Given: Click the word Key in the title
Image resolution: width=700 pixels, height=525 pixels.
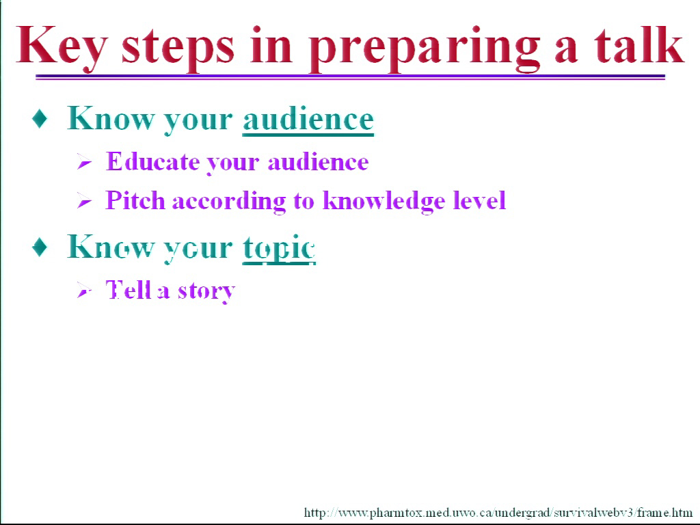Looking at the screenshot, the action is pos(62,47).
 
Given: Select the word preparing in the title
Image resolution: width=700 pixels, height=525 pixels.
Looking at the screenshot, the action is pos(424,49).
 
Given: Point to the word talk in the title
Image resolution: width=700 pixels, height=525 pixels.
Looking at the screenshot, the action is pos(638,44).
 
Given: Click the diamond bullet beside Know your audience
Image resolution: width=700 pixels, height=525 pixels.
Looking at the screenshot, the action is pos(40,118).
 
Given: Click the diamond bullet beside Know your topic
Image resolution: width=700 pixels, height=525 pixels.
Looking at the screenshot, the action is pos(40,247).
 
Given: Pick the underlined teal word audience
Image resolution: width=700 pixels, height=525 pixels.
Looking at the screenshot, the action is pos(308,120).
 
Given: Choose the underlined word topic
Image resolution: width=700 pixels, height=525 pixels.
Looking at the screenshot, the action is pos(279,248).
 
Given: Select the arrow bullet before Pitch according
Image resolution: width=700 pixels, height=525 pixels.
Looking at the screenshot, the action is pos(84,200).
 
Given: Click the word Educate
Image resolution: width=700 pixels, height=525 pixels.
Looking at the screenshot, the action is pos(152,161).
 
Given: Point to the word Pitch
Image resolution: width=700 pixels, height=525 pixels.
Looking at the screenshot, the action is pos(135,200).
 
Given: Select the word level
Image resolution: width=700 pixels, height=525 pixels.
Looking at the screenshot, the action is pos(479,200).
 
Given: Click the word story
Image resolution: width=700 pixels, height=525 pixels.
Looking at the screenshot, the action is pos(206,292).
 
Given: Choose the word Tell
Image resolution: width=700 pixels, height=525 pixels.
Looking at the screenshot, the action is pos(128,289).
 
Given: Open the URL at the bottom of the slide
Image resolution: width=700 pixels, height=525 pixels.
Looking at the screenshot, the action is pos(498,513).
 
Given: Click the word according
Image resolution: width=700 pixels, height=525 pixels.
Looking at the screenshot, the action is pos(229,202).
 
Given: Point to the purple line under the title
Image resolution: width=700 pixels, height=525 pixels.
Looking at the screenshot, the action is pos(351,77).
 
